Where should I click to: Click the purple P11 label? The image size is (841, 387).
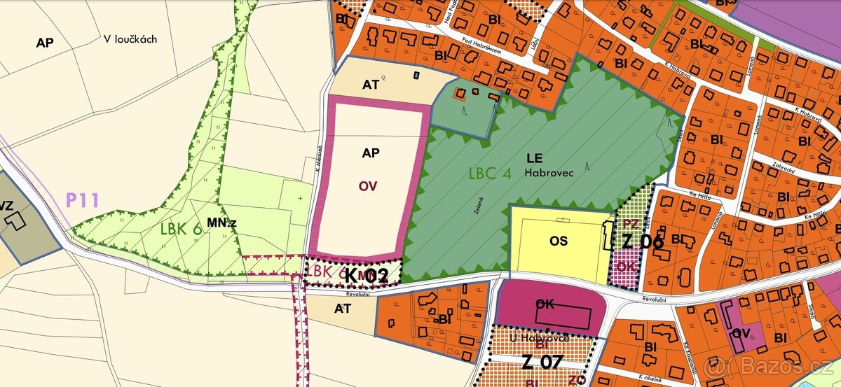coord(83,201)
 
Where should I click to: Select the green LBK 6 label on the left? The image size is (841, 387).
coord(182,230)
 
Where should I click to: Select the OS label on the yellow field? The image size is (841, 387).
coord(559,241)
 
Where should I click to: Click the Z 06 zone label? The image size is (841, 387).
coord(643,241)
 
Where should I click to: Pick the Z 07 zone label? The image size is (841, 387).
coord(542,363)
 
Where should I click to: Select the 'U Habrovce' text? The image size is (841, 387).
coord(540,338)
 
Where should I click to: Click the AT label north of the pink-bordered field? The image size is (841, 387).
coord(371,85)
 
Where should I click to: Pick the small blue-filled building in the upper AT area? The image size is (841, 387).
coord(416,73)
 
